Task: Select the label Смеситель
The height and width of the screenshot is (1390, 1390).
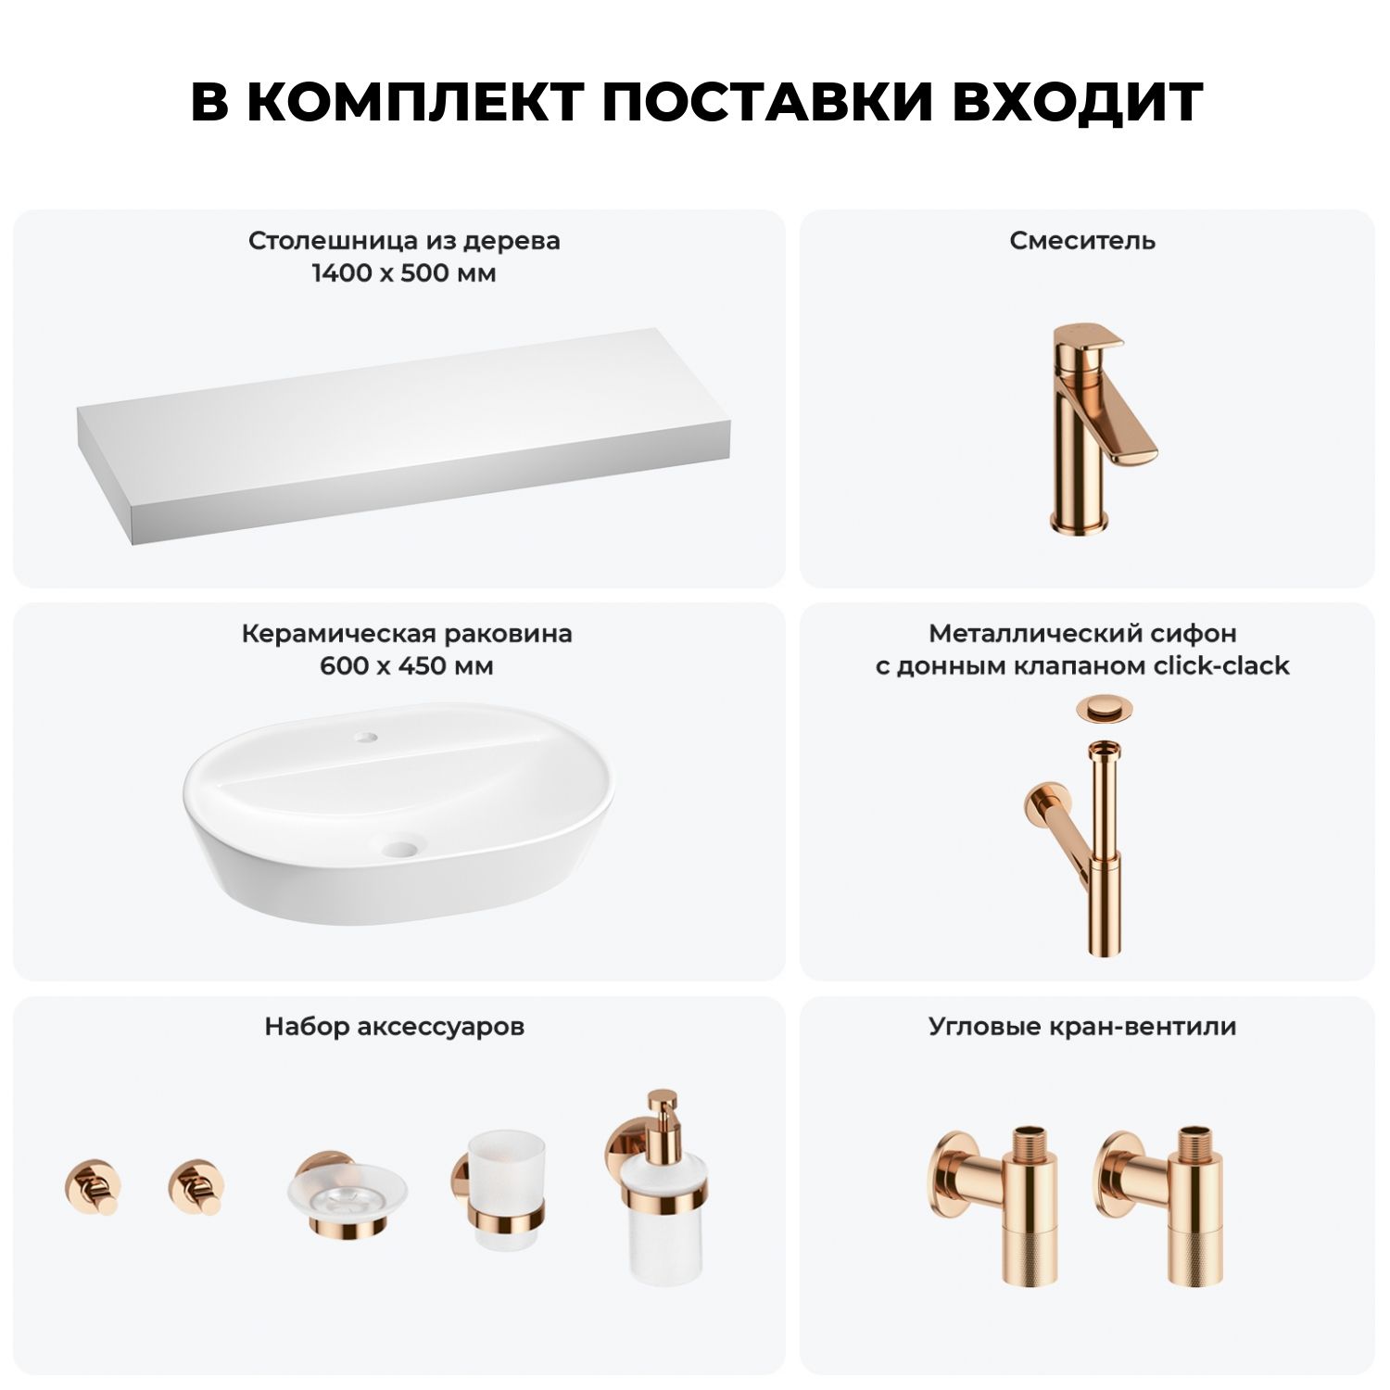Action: (x=1082, y=241)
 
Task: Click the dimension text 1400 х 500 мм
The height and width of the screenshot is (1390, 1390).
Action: (x=404, y=273)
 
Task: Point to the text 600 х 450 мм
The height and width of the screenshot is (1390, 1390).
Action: (x=407, y=666)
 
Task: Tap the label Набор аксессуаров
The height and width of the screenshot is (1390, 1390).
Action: (x=395, y=1027)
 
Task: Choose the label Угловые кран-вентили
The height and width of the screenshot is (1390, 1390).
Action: (x=1082, y=1027)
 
